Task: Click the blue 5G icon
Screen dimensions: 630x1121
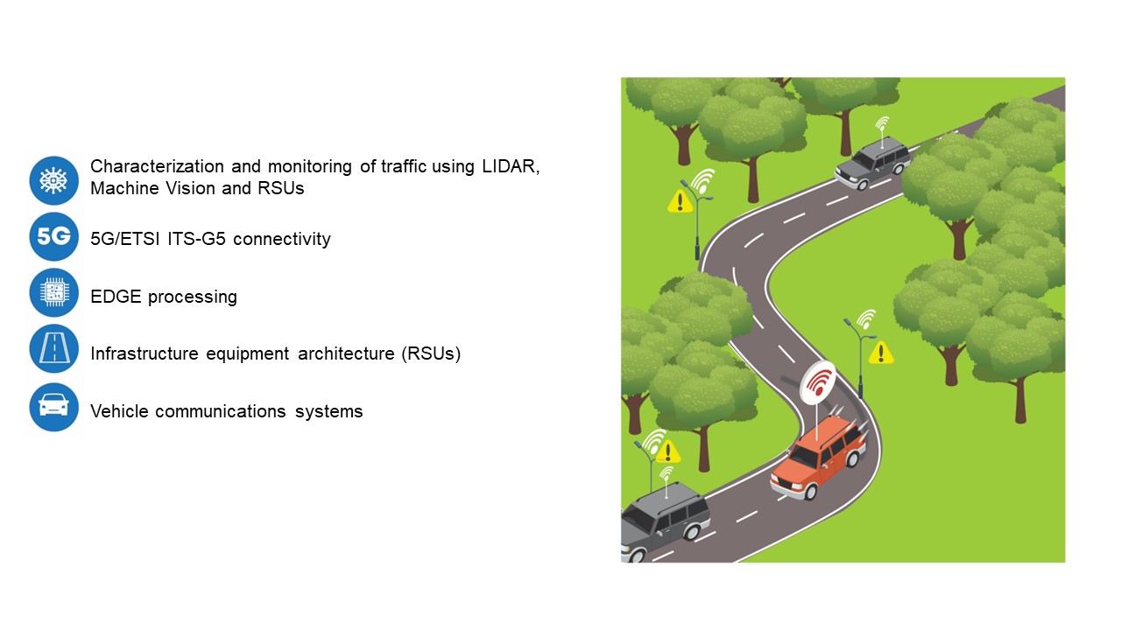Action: [54, 237]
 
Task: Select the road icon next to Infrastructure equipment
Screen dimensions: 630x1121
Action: [54, 349]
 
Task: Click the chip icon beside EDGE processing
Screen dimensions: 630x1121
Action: [54, 293]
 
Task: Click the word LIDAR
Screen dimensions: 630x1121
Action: [510, 166]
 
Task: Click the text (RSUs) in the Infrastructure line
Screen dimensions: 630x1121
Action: [431, 353]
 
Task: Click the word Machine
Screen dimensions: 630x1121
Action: [125, 188]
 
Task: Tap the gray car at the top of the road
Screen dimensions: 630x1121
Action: [872, 163]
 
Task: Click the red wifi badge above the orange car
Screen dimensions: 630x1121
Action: [819, 383]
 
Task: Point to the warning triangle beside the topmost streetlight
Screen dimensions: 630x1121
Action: [680, 202]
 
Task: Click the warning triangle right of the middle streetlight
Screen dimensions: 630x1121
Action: [881, 353]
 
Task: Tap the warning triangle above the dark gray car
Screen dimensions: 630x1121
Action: [668, 452]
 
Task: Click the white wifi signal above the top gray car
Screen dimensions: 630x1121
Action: [881, 123]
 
